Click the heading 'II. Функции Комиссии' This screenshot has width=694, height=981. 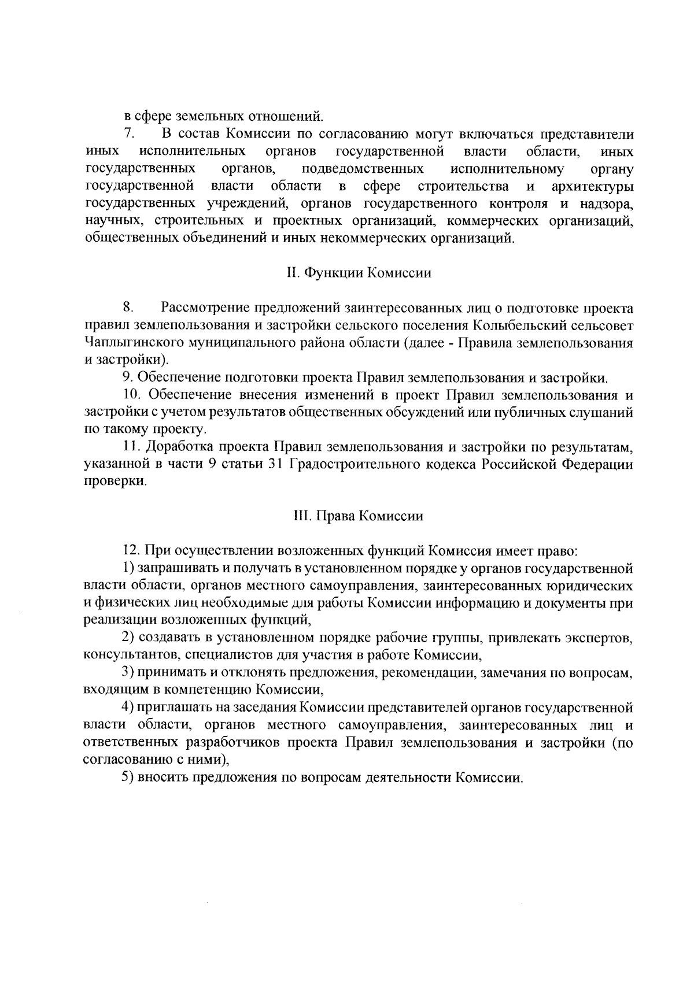tap(359, 273)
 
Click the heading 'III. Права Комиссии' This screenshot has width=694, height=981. tap(359, 516)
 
